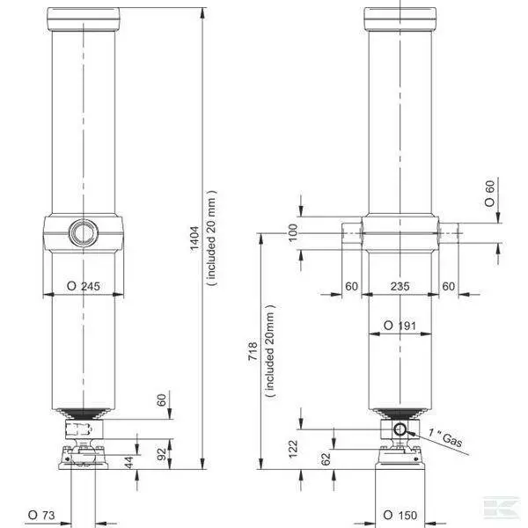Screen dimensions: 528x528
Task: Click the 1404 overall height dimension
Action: [195, 238]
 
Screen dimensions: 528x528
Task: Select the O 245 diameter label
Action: [84, 286]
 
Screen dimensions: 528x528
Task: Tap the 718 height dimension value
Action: [253, 351]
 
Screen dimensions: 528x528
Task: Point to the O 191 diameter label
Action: [400, 326]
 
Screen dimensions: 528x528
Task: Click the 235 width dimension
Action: [400, 286]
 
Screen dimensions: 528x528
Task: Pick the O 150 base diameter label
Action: [400, 515]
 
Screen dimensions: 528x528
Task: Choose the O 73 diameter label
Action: [41, 515]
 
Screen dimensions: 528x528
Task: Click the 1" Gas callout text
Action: [445, 436]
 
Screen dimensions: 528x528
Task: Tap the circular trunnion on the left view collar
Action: [84, 232]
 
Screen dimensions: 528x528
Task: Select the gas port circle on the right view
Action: [400, 430]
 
